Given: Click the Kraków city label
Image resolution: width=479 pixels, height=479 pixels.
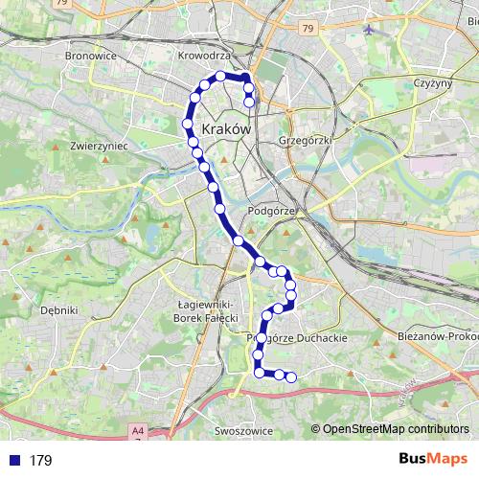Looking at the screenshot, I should click(227, 128).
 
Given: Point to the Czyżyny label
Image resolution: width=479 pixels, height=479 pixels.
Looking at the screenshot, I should click(431, 83).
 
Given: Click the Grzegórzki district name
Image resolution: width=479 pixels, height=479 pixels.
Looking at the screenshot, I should click(304, 138).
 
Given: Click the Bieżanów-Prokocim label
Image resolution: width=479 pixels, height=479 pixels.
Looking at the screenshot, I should click(437, 337).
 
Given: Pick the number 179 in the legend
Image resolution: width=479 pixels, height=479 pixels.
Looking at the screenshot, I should click(40, 461).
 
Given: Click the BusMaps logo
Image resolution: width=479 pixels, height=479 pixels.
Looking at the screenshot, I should click(433, 460).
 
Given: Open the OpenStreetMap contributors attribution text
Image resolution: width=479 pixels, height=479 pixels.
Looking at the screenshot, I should click(395, 430).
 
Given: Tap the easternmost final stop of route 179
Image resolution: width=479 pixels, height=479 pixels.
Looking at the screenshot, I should click(291, 376).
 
